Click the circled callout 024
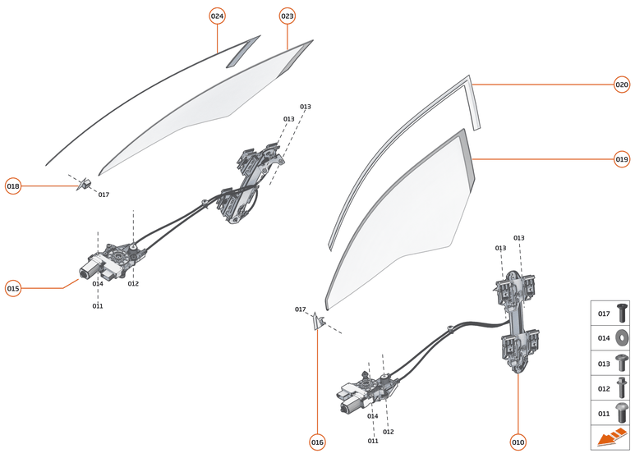click(217, 16)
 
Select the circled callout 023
click(287, 16)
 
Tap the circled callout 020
click(622, 84)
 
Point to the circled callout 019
click(622, 159)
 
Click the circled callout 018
click(13, 186)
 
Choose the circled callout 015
click(13, 288)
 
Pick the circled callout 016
click(317, 442)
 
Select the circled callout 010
click(518, 442)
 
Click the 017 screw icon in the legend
click(622, 313)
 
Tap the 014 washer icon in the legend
click(622, 337)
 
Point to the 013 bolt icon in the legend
click(622, 361)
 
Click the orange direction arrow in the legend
click(611, 437)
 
